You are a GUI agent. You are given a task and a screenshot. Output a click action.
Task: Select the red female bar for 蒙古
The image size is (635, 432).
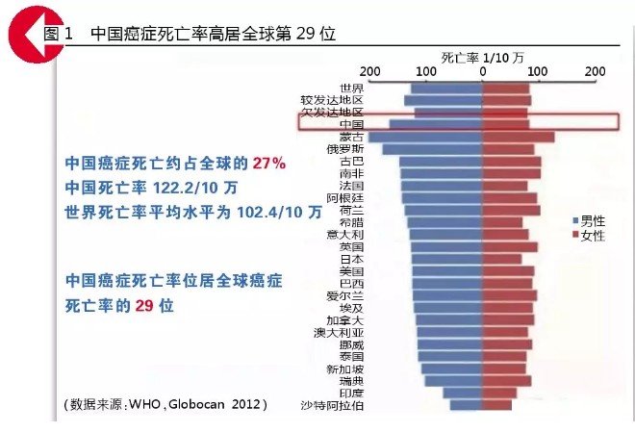tap(517, 138)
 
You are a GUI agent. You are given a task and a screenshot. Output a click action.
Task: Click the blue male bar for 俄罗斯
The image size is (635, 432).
tap(432, 149)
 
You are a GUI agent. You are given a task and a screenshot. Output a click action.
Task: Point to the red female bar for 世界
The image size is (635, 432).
tap(505, 89)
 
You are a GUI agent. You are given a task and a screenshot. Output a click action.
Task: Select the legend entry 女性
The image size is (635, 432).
tap(588, 236)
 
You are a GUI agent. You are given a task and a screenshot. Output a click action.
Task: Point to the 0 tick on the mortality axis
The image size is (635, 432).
tap(482, 71)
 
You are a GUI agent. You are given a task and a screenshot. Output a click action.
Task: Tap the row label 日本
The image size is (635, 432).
tap(351, 259)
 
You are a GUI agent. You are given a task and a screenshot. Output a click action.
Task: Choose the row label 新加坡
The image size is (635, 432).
tap(344, 368)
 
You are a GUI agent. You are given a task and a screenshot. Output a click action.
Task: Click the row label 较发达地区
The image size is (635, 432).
tap(332, 100)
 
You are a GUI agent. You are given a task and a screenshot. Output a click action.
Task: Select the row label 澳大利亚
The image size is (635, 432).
tap(339, 332)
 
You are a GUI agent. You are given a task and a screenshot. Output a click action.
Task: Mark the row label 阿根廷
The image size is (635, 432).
tap(344, 197)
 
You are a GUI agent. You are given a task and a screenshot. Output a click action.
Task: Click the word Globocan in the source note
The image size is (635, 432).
tap(199, 403)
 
